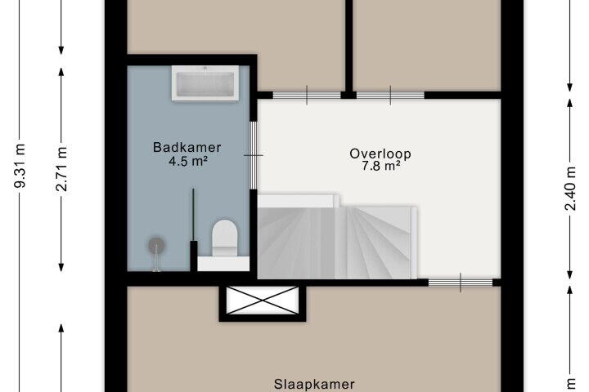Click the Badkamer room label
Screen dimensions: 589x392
(x=187, y=147)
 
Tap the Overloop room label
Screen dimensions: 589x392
(x=380, y=154)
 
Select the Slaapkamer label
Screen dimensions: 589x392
(x=314, y=385)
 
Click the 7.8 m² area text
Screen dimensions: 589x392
(x=380, y=166)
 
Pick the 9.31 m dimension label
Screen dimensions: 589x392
(x=20, y=166)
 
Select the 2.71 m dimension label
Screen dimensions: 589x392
(x=61, y=168)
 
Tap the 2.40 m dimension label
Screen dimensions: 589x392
(x=570, y=189)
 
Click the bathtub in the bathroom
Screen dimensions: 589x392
(x=205, y=83)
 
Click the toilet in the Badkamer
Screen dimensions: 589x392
(x=225, y=238)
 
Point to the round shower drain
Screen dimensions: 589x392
(x=156, y=245)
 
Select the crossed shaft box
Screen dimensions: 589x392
(x=263, y=301)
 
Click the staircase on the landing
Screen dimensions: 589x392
(x=337, y=237)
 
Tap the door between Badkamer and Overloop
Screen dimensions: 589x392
(x=254, y=155)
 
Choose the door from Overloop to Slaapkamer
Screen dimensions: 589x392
(x=461, y=283)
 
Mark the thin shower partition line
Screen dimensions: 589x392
(x=193, y=215)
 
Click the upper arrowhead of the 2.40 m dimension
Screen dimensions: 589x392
(x=570, y=103)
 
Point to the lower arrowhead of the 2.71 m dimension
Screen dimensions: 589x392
(x=61, y=267)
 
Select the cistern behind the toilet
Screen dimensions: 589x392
(x=223, y=264)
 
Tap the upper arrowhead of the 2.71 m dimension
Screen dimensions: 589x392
(x=61, y=71)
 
